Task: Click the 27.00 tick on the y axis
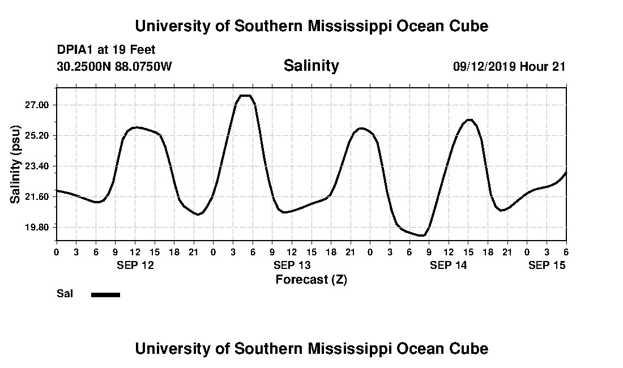pyautogui.click(x=37, y=105)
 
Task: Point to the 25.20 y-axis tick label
pyautogui.click(x=37, y=136)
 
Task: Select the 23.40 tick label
pyautogui.click(x=37, y=166)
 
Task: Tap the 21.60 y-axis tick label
pyautogui.click(x=37, y=197)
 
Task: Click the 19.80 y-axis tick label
pyautogui.click(x=37, y=228)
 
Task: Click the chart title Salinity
pyautogui.click(x=311, y=66)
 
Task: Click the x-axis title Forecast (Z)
pyautogui.click(x=311, y=279)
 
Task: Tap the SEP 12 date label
pyautogui.click(x=135, y=265)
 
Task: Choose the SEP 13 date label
pyautogui.click(x=292, y=265)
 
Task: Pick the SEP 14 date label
pyautogui.click(x=449, y=265)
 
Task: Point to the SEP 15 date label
pyautogui.click(x=547, y=265)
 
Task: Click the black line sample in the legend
pyautogui.click(x=105, y=294)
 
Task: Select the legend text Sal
pyautogui.click(x=64, y=294)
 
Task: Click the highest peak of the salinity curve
pyautogui.click(x=245, y=96)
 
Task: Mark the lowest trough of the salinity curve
pyautogui.click(x=421, y=236)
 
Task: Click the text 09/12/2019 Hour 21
pyautogui.click(x=509, y=67)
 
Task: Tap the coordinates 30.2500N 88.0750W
pyautogui.click(x=114, y=67)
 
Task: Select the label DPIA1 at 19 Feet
pyautogui.click(x=106, y=50)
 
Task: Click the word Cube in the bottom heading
pyautogui.click(x=470, y=349)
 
